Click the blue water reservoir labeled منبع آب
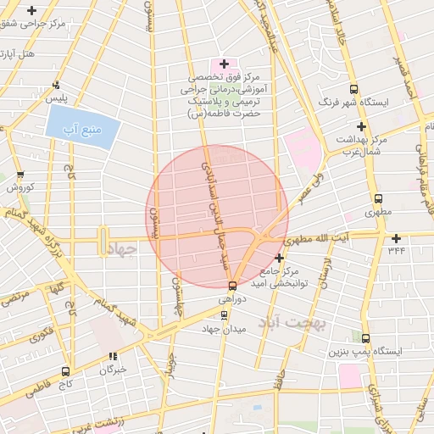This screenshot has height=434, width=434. coord(82,131)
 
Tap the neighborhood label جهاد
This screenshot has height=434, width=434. coord(124,252)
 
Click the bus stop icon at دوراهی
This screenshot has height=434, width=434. coord(233,286)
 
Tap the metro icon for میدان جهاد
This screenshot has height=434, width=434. coord(224,314)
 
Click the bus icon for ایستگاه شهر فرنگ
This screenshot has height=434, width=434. coord(353,89)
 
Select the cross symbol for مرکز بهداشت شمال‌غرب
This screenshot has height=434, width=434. coord(361,125)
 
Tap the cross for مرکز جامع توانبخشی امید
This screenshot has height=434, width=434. coord(280,258)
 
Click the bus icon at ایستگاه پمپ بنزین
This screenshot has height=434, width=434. coord(365,337)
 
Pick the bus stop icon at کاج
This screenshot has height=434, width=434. coord(66,371)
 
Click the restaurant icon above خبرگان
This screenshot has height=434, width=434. coord(114,356)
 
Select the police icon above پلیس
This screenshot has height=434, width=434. coord(55,85)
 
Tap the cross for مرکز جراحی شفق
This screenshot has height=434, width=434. coord(32,11)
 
